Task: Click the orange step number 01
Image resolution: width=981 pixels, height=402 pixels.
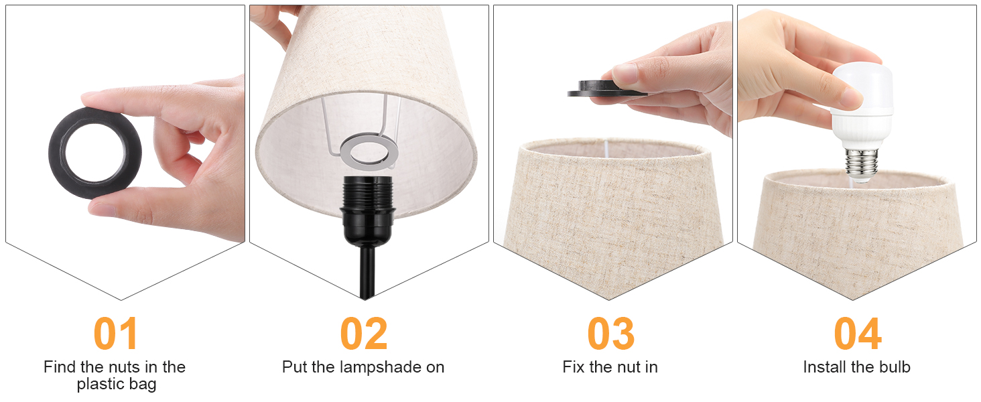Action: (116, 334)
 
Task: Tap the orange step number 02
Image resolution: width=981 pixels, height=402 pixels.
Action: (364, 334)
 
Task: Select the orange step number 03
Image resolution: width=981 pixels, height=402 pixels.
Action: (610, 334)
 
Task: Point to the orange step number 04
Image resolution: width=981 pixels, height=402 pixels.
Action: (857, 334)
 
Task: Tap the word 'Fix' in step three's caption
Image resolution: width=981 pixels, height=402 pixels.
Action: (574, 367)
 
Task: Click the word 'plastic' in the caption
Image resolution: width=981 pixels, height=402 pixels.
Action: (106, 385)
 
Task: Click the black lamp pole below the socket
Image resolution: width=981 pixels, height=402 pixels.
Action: (367, 271)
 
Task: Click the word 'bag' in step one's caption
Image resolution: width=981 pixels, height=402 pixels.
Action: (144, 385)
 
